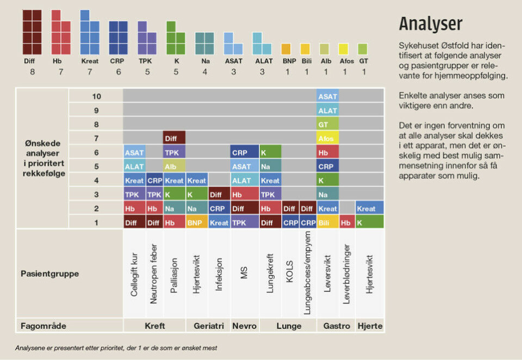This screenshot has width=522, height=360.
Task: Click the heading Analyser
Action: [x=431, y=24]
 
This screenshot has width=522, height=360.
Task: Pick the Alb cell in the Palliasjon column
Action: [x=174, y=166]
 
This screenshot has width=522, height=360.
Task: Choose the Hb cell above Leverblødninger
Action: [x=347, y=222]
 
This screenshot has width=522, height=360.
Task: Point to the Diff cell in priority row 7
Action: [x=174, y=138]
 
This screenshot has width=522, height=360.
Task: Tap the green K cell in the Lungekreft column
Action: [x=270, y=152]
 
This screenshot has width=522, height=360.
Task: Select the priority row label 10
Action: [x=96, y=96]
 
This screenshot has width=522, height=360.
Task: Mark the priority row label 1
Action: [x=96, y=222]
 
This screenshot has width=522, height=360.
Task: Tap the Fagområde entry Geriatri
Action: [x=208, y=326]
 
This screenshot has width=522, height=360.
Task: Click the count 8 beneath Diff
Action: [x=32, y=71]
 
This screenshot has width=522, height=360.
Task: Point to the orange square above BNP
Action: [x=286, y=49]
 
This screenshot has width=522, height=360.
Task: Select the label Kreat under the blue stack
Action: [x=90, y=61]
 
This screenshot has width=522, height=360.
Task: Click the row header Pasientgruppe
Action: [x=49, y=274]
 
